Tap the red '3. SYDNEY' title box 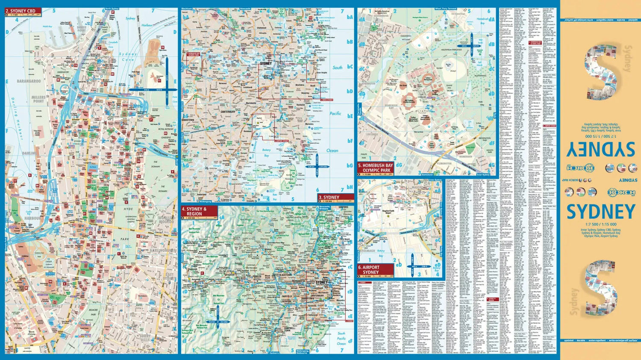point(336,198)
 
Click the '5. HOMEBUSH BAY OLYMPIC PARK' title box point(375,168)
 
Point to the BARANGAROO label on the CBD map point(29,81)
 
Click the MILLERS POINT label point(38,99)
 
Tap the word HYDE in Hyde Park point(128,209)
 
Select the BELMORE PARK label point(94,312)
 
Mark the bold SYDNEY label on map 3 point(266,63)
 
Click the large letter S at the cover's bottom point(601,286)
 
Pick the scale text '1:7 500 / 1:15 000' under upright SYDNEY point(601,224)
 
